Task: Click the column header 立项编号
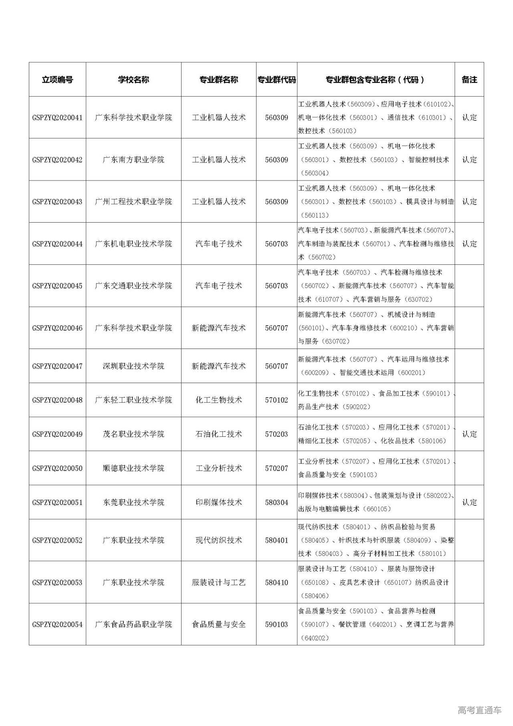pyautogui.click(x=57, y=79)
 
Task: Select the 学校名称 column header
pyautogui.click(x=133, y=79)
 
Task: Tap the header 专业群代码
pyautogui.click(x=277, y=79)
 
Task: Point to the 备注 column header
pyautogui.click(x=469, y=79)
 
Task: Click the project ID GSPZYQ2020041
pyautogui.click(x=57, y=118)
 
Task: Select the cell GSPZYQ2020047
pyautogui.click(x=57, y=366)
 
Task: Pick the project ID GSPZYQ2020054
pyautogui.click(x=57, y=624)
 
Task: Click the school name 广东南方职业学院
pyautogui.click(x=133, y=160)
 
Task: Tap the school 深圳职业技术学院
pyautogui.click(x=133, y=366)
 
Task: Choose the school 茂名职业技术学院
pyautogui.click(x=133, y=434)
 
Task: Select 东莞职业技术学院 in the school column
pyautogui.click(x=133, y=502)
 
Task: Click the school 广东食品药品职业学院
pyautogui.click(x=133, y=624)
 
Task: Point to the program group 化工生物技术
pyautogui.click(x=219, y=400)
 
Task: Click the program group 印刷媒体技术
pyautogui.click(x=219, y=502)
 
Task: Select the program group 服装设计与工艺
pyautogui.click(x=219, y=582)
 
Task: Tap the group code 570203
pyautogui.click(x=277, y=434)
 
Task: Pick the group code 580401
pyautogui.click(x=277, y=540)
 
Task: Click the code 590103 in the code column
pyautogui.click(x=277, y=624)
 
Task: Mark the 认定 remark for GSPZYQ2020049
pyautogui.click(x=469, y=434)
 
